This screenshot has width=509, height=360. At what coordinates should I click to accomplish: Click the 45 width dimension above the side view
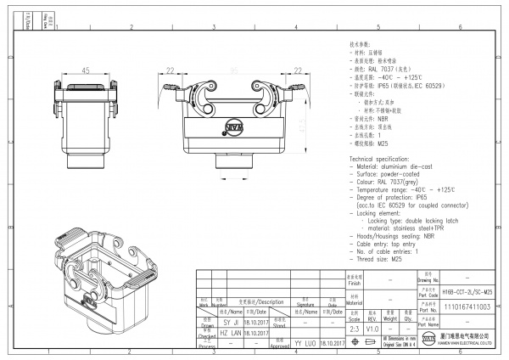point(87,70)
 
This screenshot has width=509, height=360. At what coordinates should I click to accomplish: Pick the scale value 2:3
point(354,329)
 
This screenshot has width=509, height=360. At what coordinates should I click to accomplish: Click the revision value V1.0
point(372,329)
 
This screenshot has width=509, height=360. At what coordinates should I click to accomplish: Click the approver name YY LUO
point(305,344)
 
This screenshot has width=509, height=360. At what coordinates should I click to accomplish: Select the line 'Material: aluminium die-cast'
point(397,167)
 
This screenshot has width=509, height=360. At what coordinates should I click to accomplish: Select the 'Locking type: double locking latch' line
point(413,220)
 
